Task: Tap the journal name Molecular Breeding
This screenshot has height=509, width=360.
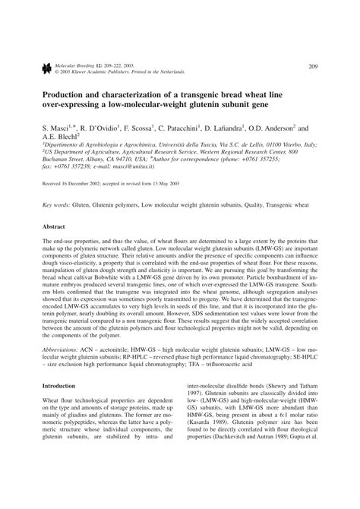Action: [x=70, y=65]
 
